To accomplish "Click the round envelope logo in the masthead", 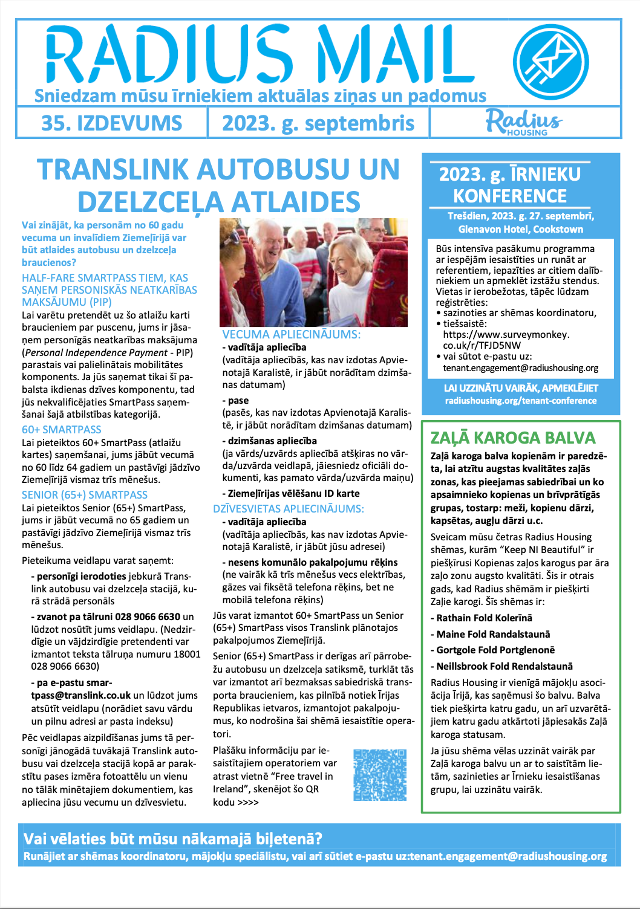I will tap(550, 62).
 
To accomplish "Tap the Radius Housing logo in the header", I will tap(524, 122).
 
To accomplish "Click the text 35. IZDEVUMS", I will tap(111, 123).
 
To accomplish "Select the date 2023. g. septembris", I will tap(318, 123).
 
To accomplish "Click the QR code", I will tap(379, 775).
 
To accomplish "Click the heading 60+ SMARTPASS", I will tap(62, 430).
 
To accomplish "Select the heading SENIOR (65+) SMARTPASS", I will tap(85, 495).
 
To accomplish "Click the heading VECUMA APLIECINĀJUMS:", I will tap(291, 335).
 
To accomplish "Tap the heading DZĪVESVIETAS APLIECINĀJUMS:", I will tap(289, 509).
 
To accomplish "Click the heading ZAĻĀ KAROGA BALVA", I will tap(513, 438).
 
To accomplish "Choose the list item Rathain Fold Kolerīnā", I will tap(483, 618).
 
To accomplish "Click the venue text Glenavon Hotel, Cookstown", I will tap(520, 229).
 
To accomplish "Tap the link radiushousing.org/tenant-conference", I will tap(520, 401).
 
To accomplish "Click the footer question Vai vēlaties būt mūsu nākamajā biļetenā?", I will tap(173, 839).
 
